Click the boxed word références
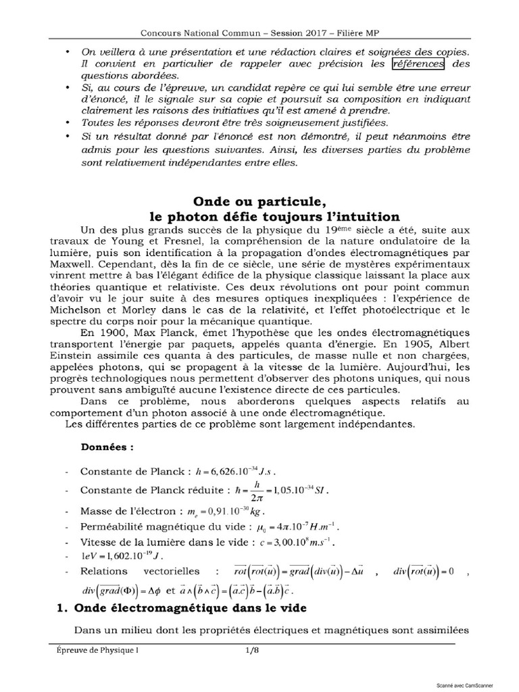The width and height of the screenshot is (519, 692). click(417, 64)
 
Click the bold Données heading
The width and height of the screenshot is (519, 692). click(107, 447)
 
